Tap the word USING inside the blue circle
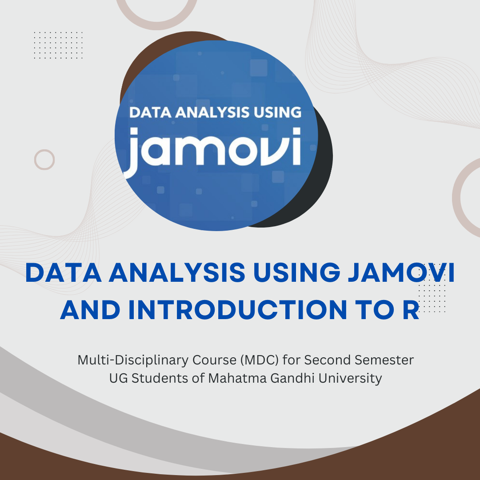pyautogui.click(x=272, y=112)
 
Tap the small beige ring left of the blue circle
pyautogui.click(x=44, y=160)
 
